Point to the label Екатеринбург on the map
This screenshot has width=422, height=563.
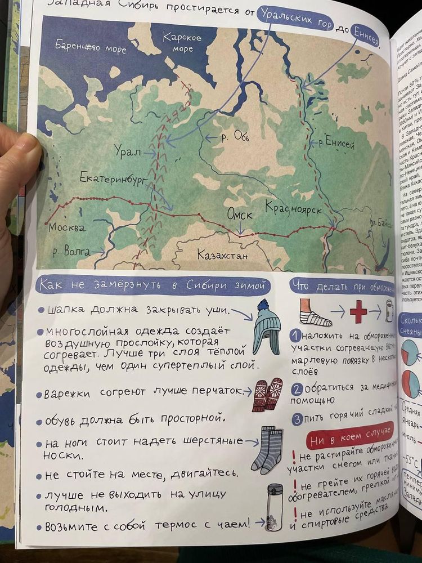pyautogui.click(x=113, y=179)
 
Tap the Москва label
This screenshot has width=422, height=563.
pyautogui.click(x=66, y=228)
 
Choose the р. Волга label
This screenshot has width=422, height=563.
pyautogui.click(x=71, y=252)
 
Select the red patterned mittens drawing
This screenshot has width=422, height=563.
pyautogui.click(x=267, y=393)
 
